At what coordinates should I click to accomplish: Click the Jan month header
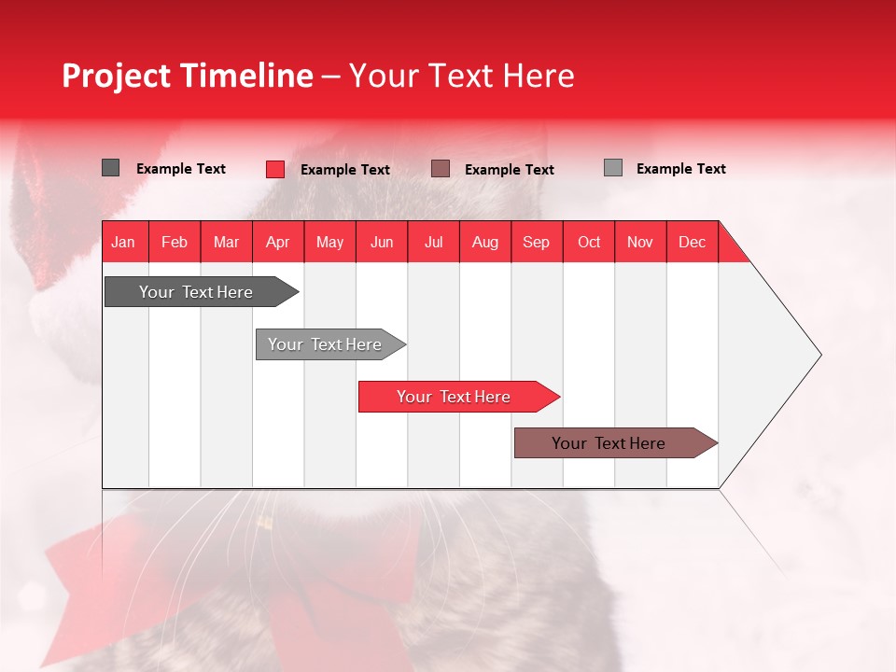[123, 242]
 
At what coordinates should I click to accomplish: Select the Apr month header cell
[277, 242]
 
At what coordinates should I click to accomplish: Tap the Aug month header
[484, 242]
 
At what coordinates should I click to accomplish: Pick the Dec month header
[692, 242]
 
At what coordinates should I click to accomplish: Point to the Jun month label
[382, 242]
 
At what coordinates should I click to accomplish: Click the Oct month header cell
[588, 242]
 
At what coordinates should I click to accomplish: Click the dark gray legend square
[110, 168]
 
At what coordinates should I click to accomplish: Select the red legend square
[275, 169]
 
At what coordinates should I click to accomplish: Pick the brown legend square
[441, 169]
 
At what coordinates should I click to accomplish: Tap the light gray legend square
[613, 168]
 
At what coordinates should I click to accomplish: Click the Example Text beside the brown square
[509, 170]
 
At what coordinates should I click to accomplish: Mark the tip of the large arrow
[819, 355]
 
